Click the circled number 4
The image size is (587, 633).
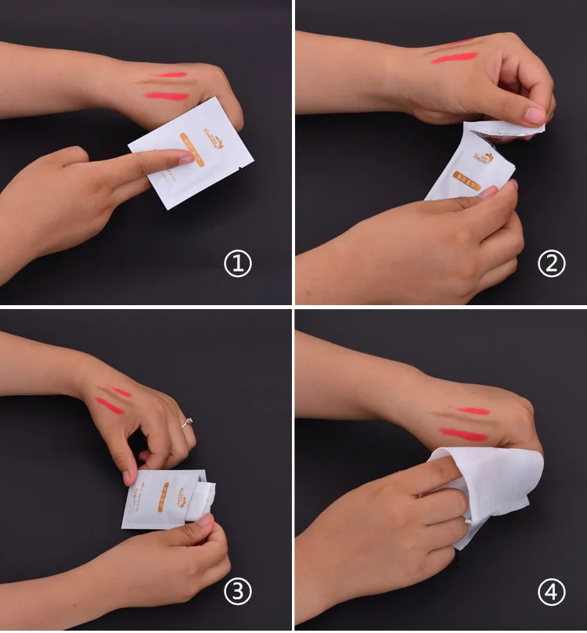(551, 592)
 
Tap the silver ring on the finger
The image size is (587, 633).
(187, 423)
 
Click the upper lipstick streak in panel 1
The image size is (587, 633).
(171, 75)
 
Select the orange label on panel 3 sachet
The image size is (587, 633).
(164, 495)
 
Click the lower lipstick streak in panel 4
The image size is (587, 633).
(464, 434)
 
